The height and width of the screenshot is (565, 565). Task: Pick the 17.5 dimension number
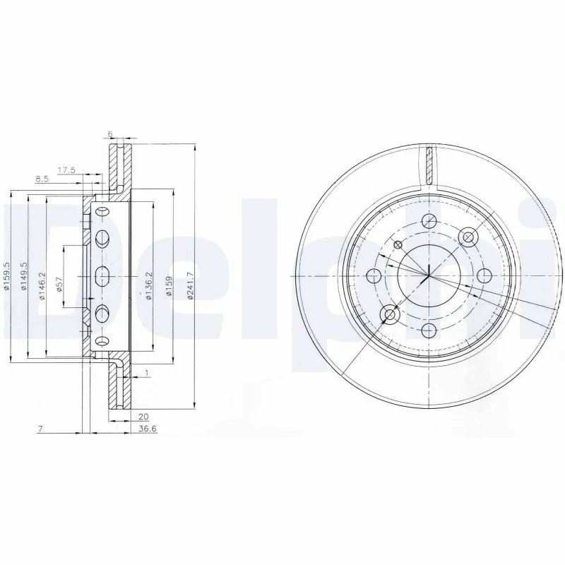pos(66,170)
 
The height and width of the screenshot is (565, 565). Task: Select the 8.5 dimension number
pos(42,179)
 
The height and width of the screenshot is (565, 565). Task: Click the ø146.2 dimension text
pos(42,286)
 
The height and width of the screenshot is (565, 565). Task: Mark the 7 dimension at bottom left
pos(42,429)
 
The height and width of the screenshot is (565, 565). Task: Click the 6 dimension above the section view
pos(110,133)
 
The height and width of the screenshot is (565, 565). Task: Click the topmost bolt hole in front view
pos(428,220)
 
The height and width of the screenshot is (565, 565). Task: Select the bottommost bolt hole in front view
pos(428,329)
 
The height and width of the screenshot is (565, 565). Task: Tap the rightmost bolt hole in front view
pos(483,275)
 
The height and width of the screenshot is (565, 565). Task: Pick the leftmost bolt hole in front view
pos(374,275)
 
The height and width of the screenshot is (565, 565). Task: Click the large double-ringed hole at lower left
pos(389,314)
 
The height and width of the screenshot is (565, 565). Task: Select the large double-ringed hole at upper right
pos(467,236)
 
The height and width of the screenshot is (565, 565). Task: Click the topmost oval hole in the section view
pos(101,213)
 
